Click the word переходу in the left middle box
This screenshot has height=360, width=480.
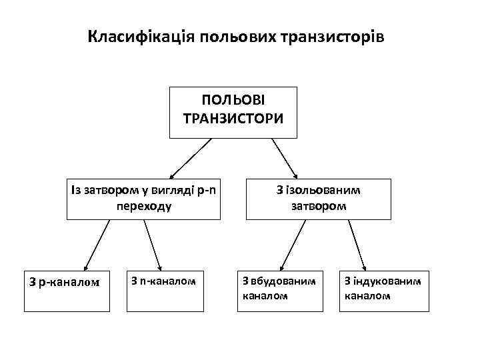tap(143, 206)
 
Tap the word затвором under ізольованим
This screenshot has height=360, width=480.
tap(318, 206)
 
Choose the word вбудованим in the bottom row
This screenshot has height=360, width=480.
tap(289, 281)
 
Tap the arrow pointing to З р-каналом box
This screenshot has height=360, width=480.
tap(96, 245)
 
